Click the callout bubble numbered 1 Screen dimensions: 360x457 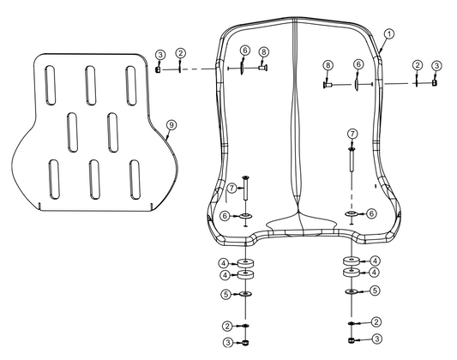coord(388,34)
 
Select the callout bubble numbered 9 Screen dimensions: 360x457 coord(171,125)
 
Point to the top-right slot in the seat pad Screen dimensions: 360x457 coord(131,82)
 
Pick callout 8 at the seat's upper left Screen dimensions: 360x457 coord(263,51)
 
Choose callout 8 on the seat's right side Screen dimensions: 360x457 coord(328,65)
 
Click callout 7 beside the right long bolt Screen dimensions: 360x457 coord(352,134)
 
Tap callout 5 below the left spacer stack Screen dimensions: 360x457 coord(223,293)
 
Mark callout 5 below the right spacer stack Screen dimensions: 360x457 coord(375,291)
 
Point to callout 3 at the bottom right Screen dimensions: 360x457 coord(376,339)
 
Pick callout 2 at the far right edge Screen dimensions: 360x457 coord(417,65)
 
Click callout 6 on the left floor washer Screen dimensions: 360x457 coord(224,215)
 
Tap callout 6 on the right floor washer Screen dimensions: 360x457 coord(372,213)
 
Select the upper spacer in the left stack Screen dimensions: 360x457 coord(246,261)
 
